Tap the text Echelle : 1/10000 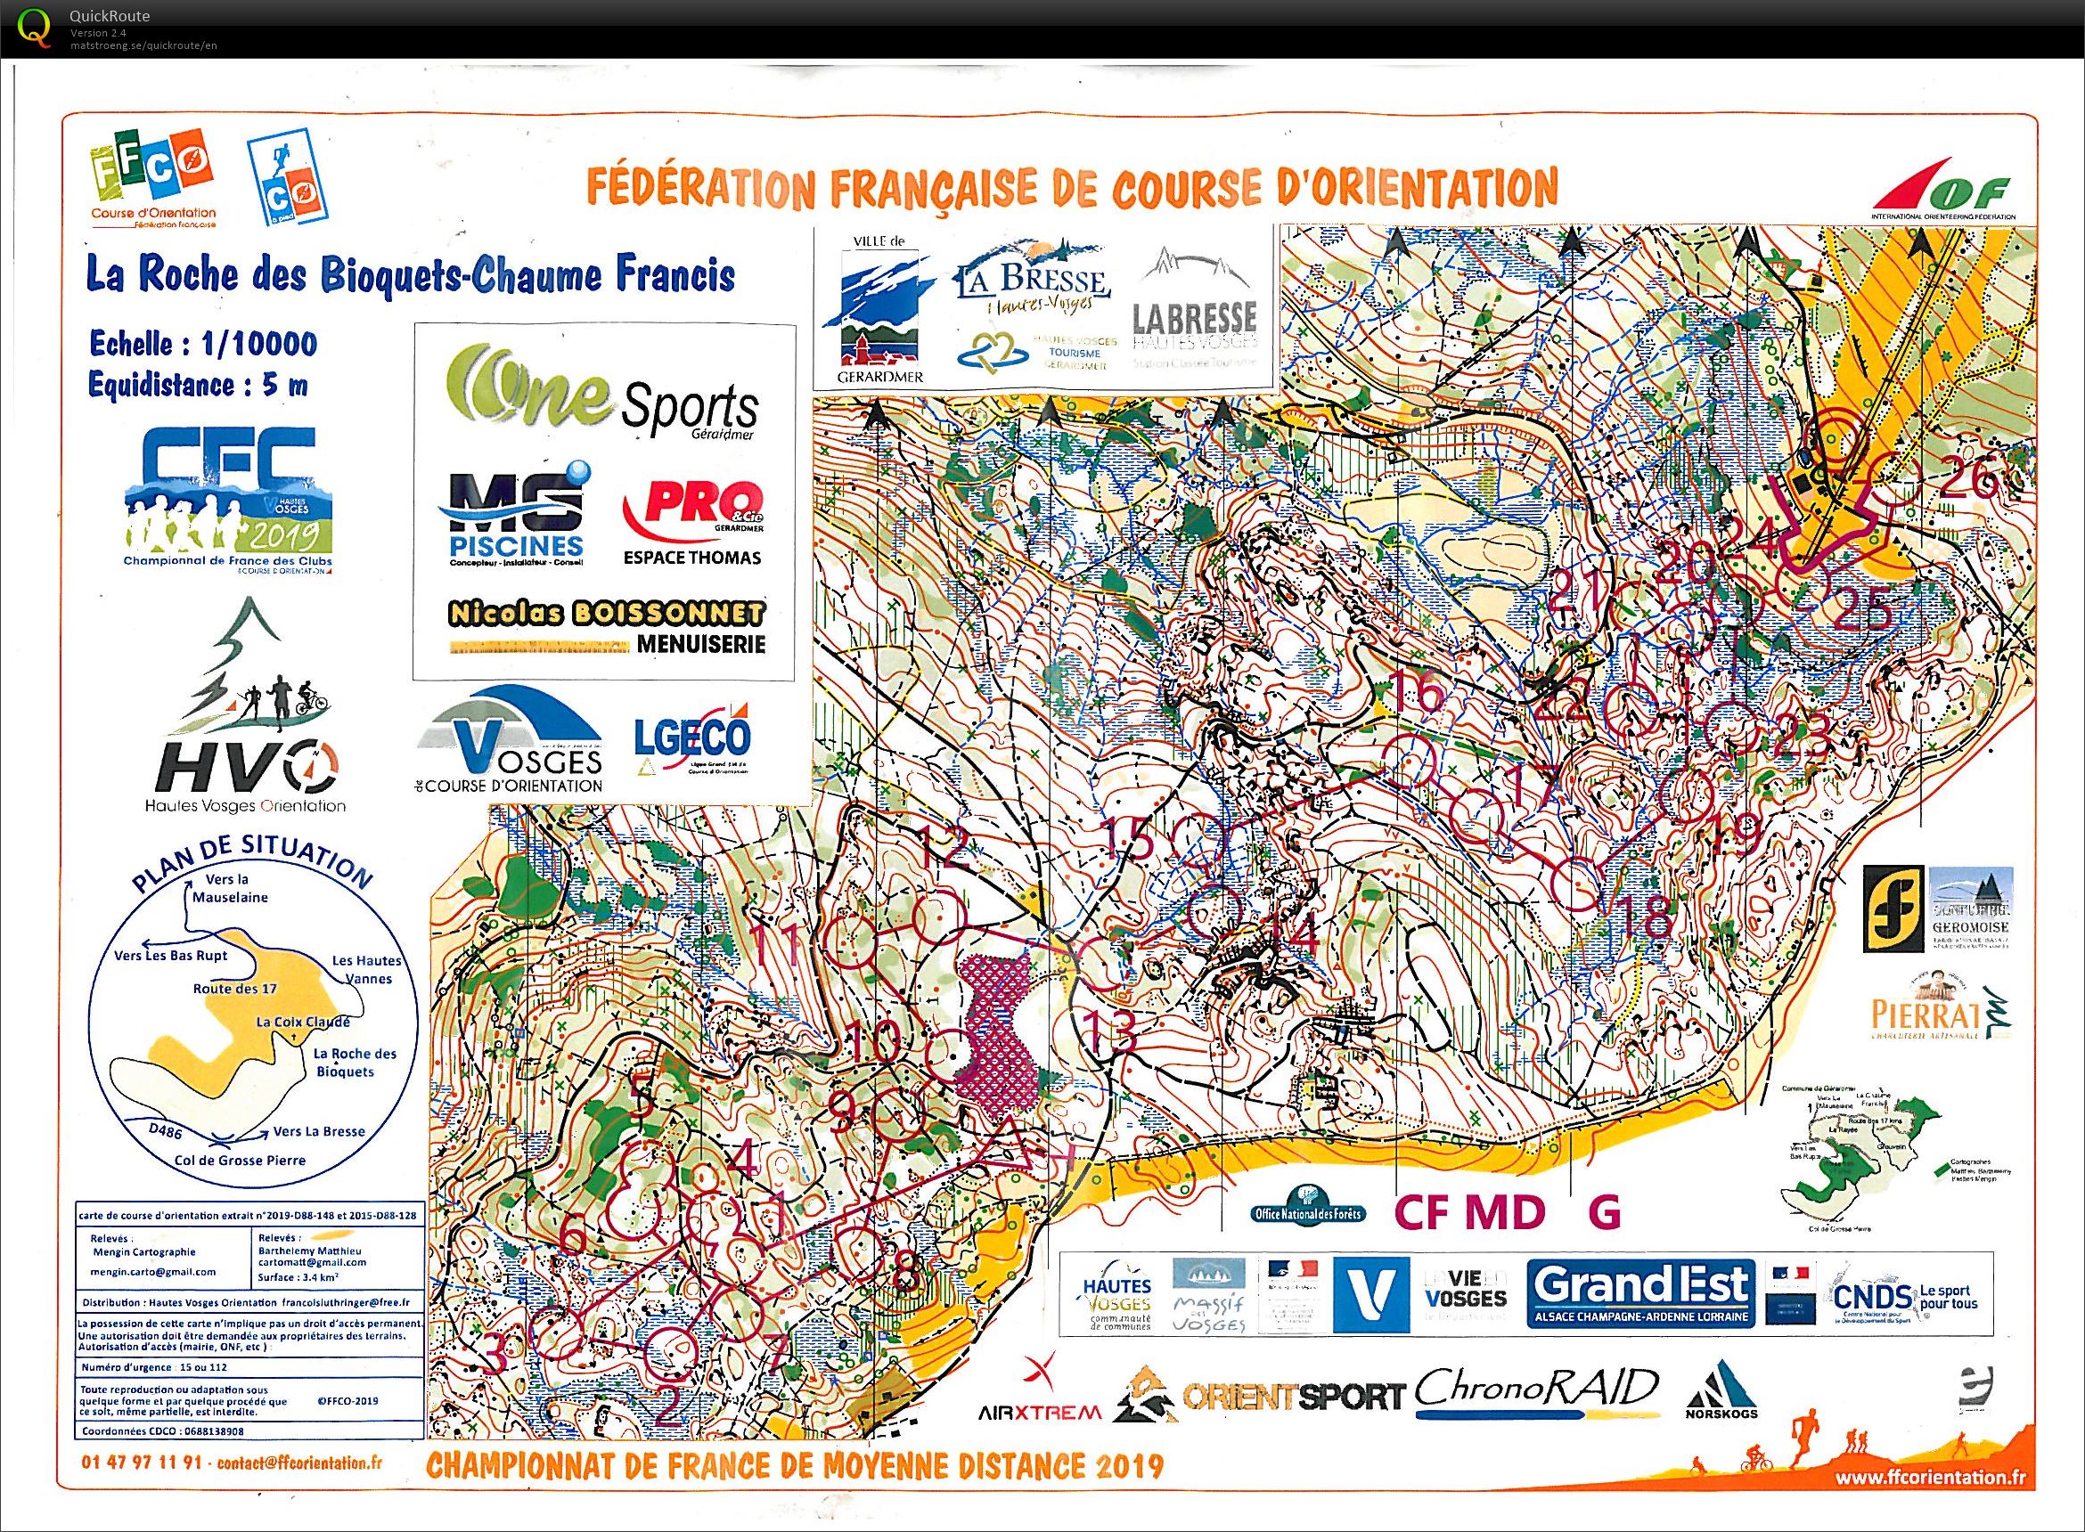pos(203,345)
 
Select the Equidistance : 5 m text pos(199,384)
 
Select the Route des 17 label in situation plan pos(235,989)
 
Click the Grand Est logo pos(1639,1294)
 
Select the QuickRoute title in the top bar pos(110,16)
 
